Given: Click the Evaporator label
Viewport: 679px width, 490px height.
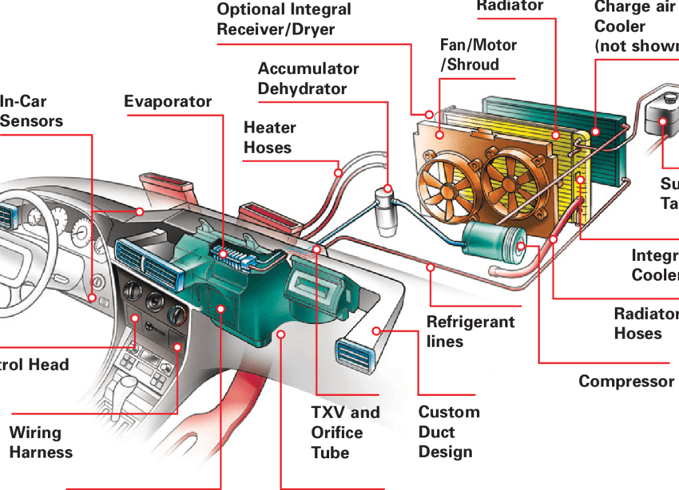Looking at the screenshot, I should (x=168, y=101).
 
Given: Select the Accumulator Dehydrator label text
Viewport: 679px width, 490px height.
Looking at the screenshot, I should (x=308, y=78).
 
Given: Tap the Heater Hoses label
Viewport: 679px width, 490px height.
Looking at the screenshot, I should (x=269, y=137).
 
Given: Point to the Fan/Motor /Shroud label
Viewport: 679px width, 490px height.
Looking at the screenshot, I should (x=478, y=55).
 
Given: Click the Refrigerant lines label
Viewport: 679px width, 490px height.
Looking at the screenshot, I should (x=470, y=332).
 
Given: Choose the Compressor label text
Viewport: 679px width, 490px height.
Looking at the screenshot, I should (x=625, y=381).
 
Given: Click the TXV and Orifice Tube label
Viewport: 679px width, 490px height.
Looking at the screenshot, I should (x=345, y=433).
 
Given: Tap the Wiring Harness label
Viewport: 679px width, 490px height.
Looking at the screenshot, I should (x=41, y=442).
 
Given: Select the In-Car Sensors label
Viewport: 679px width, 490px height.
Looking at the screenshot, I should (x=31, y=112).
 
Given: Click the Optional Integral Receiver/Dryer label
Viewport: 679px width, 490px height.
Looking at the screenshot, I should (x=285, y=20).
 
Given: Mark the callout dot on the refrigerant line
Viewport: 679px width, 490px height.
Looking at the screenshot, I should (x=431, y=267).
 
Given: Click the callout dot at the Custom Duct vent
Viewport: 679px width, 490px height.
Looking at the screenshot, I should (x=377, y=330).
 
